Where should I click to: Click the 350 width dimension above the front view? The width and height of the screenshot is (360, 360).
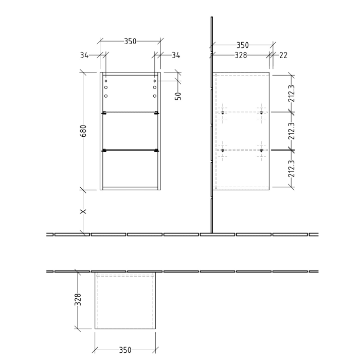coord(130,41)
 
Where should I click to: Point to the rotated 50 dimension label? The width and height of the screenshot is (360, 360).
coord(178,96)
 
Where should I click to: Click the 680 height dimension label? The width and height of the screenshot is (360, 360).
coord(83,131)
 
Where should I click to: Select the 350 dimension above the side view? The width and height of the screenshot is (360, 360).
coord(243,45)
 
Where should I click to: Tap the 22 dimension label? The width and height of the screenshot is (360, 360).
coord(283,56)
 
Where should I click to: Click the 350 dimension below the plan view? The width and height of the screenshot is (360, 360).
coord(125,350)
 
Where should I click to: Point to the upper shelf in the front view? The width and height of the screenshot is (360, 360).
coord(130,113)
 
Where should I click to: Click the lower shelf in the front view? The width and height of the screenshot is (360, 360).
coord(130,150)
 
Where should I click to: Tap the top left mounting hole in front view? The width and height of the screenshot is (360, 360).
coord(105,81)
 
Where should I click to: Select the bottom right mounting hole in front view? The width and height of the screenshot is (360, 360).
coord(154,96)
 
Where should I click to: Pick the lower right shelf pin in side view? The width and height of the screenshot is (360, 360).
coord(261,150)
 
